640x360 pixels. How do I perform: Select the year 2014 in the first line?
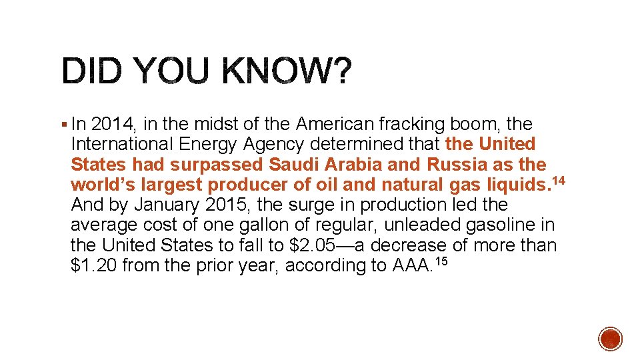click(111, 124)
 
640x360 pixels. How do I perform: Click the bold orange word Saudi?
click(294, 164)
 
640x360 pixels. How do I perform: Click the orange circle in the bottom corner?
click(611, 339)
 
